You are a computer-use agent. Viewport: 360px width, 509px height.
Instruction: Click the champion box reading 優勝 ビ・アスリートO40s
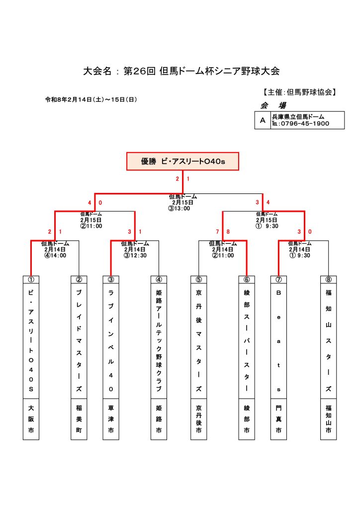183,161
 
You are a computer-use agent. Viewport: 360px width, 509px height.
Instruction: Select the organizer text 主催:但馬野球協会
300,92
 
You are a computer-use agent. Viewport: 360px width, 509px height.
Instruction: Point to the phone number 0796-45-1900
304,124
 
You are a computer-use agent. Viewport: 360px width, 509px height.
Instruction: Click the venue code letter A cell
262,120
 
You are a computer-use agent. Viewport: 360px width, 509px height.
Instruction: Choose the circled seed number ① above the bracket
31,279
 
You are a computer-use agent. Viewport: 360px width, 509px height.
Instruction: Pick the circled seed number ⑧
328,279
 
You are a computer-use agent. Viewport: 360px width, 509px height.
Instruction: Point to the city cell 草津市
111,419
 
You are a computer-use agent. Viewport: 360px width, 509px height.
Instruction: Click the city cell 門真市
278,419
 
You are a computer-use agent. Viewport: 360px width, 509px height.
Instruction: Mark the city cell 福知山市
328,419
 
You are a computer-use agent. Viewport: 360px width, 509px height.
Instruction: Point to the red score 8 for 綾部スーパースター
228,232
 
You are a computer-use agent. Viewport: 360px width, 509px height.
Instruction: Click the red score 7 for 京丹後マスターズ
217,232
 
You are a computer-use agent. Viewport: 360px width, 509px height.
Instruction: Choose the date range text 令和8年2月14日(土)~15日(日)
91,99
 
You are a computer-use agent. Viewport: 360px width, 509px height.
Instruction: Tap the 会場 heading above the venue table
273,105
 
